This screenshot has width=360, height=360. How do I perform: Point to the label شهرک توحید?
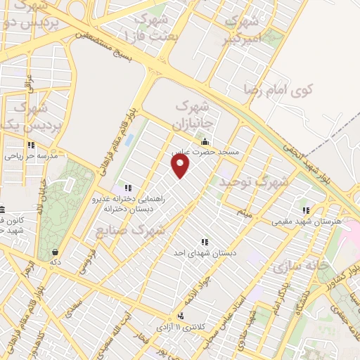click(x=254, y=182)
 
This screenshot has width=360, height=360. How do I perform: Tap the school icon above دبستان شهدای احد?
click(x=205, y=243)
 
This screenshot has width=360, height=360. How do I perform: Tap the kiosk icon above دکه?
click(x=56, y=252)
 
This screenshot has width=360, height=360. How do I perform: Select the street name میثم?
click(x=243, y=210)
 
